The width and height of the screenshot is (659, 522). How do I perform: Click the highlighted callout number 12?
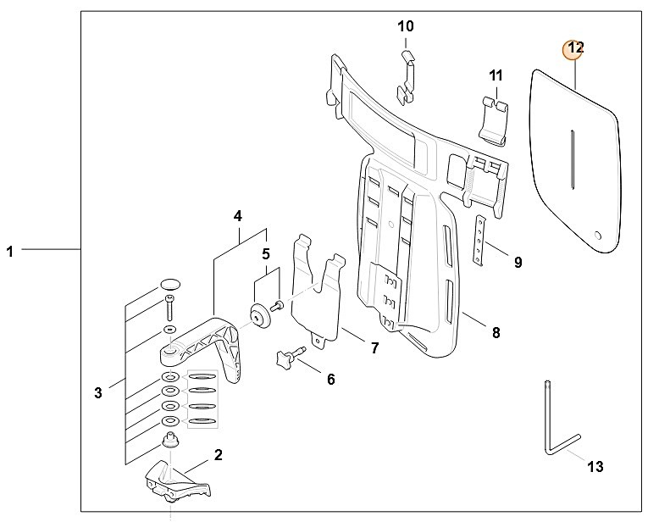click(x=575, y=47)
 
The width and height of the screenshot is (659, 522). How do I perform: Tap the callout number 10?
click(x=406, y=26)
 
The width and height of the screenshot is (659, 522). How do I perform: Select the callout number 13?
click(x=595, y=466)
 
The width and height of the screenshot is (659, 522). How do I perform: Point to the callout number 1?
click(x=9, y=252)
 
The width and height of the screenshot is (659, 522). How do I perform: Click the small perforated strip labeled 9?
click(x=479, y=241)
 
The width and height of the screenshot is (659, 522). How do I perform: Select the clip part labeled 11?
click(x=495, y=121)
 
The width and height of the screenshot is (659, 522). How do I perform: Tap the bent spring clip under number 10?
click(x=407, y=78)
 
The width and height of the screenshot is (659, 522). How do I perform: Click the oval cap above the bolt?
click(x=170, y=284)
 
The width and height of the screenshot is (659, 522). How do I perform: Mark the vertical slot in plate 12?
click(x=572, y=159)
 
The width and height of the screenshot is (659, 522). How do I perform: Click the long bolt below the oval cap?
click(x=169, y=308)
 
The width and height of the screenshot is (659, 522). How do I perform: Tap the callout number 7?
click(x=374, y=348)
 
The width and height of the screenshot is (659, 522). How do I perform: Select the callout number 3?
click(x=98, y=393)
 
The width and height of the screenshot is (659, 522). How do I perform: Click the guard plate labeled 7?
click(x=318, y=290)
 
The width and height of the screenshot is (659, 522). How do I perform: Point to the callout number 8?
click(x=496, y=332)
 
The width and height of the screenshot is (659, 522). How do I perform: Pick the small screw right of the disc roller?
click(x=278, y=307)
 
